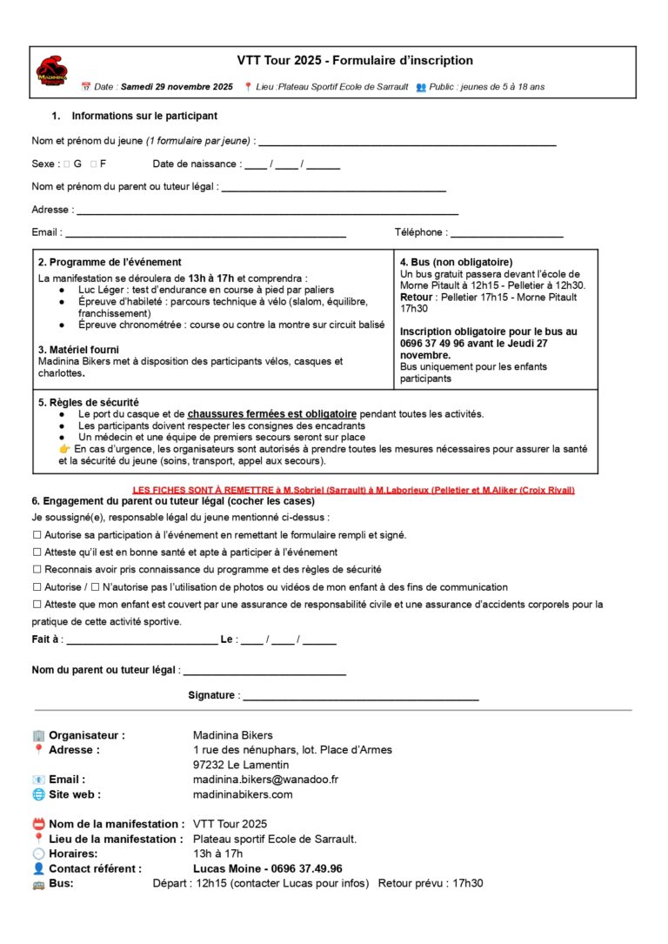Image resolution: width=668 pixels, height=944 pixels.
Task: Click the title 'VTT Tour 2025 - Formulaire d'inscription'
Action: pos(355,61)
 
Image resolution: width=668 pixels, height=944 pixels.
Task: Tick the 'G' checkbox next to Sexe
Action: pos(66,164)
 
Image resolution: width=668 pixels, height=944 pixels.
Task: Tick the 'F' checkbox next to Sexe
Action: pos(93,164)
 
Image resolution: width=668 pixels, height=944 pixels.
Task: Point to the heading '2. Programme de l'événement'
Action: pos(110,262)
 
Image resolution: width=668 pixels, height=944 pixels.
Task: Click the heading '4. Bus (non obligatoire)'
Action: pos(456,262)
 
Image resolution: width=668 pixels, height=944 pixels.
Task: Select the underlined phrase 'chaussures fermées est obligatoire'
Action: pos(272,414)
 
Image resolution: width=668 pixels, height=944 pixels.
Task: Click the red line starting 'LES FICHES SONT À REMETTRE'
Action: pos(353,491)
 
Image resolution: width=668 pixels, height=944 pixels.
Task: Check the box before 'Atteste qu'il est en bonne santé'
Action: pos(37,552)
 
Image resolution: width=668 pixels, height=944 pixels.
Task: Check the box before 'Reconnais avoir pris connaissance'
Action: pos(37,570)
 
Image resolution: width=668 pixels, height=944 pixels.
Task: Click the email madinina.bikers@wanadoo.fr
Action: pos(265,780)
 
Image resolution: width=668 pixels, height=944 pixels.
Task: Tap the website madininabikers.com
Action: pos(243,794)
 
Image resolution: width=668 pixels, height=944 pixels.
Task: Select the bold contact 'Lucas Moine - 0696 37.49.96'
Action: pos(267,868)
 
